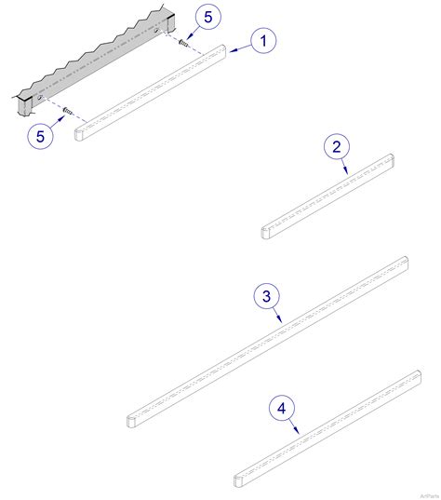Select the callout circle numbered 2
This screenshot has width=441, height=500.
point(336,146)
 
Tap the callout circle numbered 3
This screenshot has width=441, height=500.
point(266,296)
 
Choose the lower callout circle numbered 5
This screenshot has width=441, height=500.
point(40,136)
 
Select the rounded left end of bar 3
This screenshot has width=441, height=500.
point(131,420)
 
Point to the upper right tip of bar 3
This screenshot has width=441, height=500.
point(405,261)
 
